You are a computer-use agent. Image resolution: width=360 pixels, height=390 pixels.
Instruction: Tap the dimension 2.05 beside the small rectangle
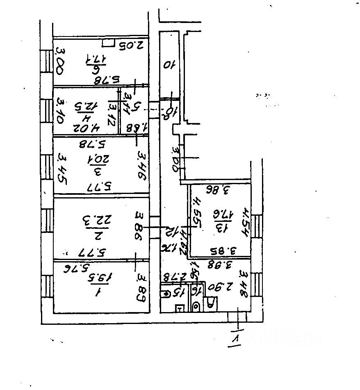point(130,45)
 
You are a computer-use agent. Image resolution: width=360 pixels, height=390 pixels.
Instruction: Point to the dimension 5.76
point(78,269)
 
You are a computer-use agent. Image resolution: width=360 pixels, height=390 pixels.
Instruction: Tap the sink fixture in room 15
point(167,294)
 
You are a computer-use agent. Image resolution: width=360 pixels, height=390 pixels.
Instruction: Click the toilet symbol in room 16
point(196,306)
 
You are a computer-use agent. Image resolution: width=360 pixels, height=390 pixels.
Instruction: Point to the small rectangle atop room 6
point(109,42)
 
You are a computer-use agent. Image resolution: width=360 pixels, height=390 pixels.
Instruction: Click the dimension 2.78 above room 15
point(172,277)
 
